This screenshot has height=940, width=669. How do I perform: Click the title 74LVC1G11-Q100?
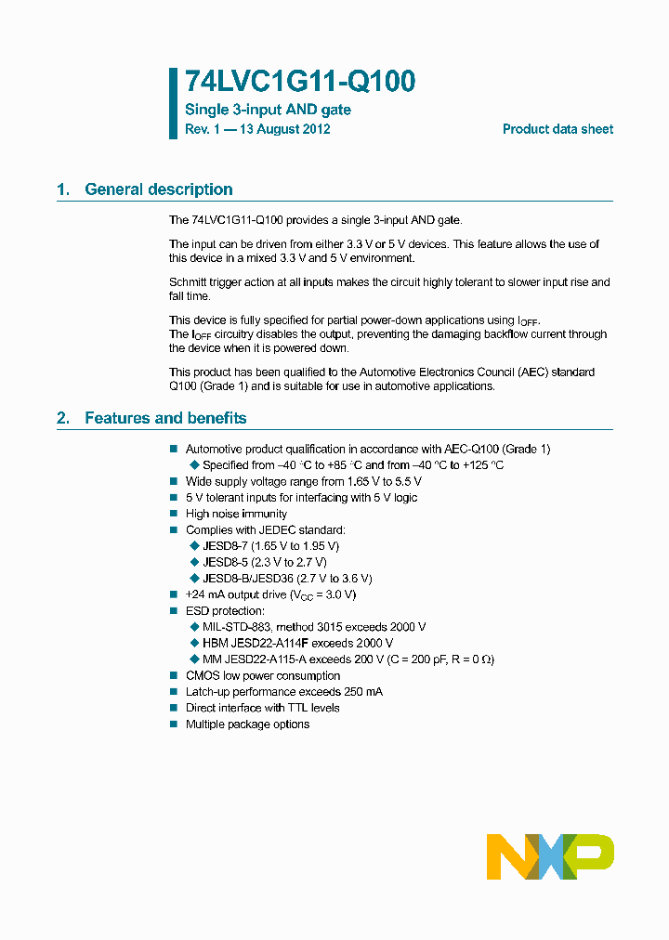click(x=299, y=83)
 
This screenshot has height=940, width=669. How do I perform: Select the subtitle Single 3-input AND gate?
click(x=268, y=110)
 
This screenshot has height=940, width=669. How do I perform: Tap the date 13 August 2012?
click(x=284, y=129)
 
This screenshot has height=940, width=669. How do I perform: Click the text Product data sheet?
click(x=557, y=129)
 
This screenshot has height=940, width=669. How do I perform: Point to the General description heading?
click(x=158, y=189)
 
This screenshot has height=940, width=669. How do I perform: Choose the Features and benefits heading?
click(x=165, y=418)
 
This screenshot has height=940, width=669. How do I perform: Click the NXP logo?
click(x=550, y=856)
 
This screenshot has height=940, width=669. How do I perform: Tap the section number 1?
click(x=62, y=189)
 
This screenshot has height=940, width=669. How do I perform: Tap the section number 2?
click(x=62, y=418)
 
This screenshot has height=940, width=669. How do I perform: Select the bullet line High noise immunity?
click(x=236, y=514)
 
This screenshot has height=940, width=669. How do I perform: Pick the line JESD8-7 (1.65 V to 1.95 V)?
click(x=270, y=546)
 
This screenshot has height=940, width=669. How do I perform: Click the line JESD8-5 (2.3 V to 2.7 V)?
click(x=264, y=562)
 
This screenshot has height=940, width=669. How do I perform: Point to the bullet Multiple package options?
click(x=247, y=724)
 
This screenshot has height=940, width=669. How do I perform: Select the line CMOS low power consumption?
click(x=262, y=675)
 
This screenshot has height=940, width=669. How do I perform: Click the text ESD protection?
click(x=225, y=610)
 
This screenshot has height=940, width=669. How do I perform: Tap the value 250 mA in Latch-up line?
click(x=362, y=692)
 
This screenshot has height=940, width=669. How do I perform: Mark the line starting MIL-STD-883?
click(x=314, y=627)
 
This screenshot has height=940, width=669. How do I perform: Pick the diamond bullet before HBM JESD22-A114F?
click(x=194, y=643)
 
